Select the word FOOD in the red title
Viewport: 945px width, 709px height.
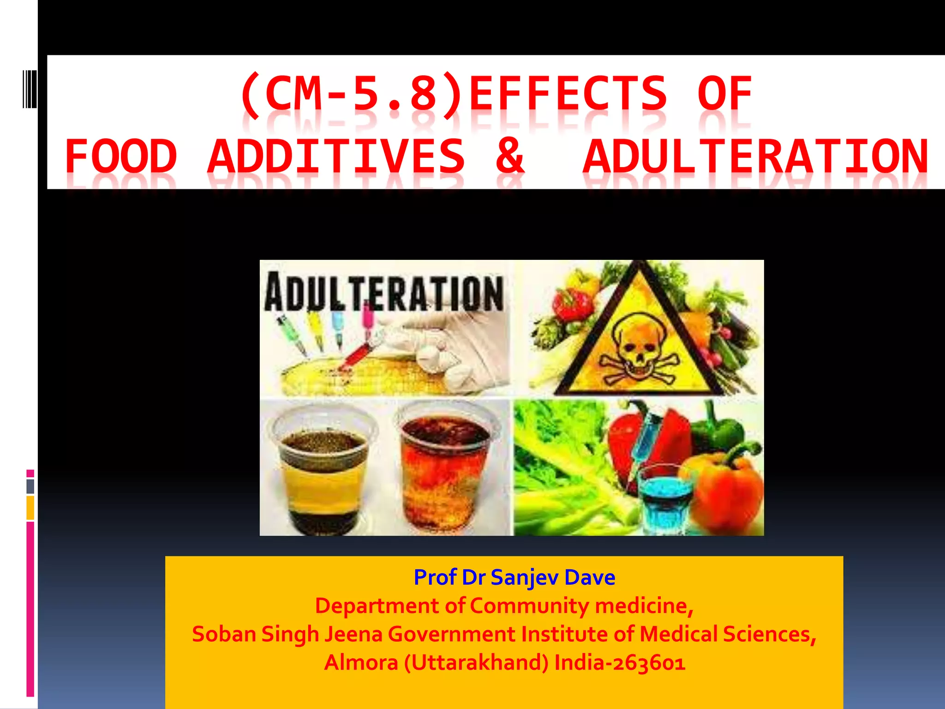[x=121, y=157]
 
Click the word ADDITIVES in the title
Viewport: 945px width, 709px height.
[x=336, y=157]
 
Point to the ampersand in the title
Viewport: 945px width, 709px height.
[x=510, y=157]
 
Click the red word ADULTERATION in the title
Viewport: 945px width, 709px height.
[x=755, y=157]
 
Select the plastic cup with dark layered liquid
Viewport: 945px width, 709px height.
[x=323, y=471]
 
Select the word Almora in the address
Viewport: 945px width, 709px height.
[x=361, y=663]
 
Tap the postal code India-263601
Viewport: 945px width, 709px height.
[x=620, y=663]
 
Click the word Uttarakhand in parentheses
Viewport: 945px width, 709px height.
[x=477, y=663]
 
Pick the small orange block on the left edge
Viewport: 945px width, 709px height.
[x=30, y=508]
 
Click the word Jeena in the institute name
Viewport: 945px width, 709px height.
[x=353, y=634]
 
